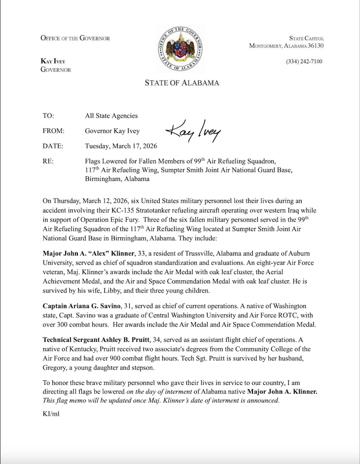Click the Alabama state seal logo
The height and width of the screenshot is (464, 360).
point(180,49)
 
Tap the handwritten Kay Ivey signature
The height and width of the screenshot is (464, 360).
point(193,130)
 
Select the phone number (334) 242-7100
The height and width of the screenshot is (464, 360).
point(304,62)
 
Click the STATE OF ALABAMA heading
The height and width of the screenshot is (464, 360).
point(182,83)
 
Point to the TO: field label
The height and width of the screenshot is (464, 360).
point(48,116)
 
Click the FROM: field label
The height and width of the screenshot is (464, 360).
point(53,131)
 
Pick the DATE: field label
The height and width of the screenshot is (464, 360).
point(53,146)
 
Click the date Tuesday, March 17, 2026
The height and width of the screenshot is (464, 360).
point(121,146)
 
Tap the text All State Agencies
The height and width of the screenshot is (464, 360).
point(111,116)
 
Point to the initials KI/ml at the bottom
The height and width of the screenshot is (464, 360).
point(51,413)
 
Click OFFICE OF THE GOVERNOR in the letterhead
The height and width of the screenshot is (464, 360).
point(75,38)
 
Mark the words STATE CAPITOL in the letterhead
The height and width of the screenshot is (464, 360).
point(306,38)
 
